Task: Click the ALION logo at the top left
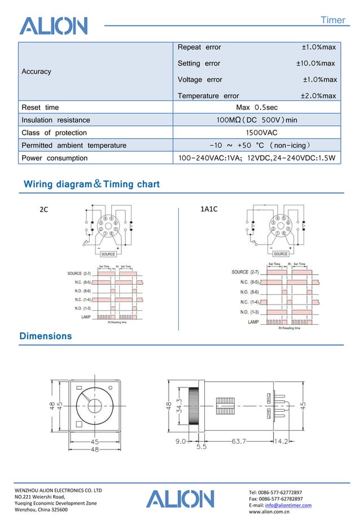tap(54, 25)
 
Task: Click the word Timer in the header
tap(332, 20)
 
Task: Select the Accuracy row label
tap(36, 72)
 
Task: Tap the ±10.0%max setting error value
tap(315, 64)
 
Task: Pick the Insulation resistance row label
tap(55, 120)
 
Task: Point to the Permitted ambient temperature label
tap(73, 146)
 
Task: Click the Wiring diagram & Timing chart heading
tap(91, 184)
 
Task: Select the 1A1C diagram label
tap(209, 209)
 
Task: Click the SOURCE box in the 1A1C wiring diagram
tap(280, 254)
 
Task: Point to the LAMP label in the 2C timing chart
tap(85, 317)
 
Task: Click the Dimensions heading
tap(46, 336)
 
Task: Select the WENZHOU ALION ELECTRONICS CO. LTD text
tap(58, 491)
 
